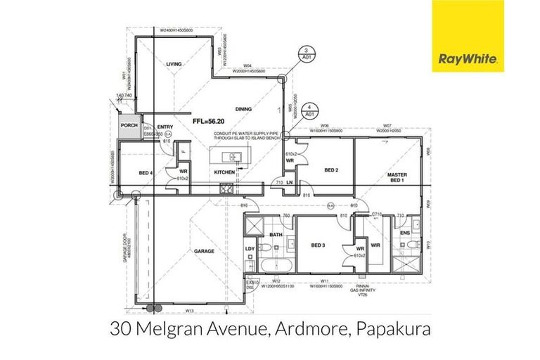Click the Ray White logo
pyautogui.click(x=467, y=37)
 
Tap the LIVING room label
pyautogui.click(x=174, y=64)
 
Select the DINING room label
pyautogui.click(x=243, y=109)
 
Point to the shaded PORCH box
pyautogui.click(x=129, y=126)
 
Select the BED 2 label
pyautogui.click(x=333, y=170)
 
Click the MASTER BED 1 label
pyautogui.click(x=397, y=178)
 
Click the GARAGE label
pyautogui.click(x=204, y=250)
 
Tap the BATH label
pyautogui.click(x=275, y=236)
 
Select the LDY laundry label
pyautogui.click(x=250, y=249)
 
